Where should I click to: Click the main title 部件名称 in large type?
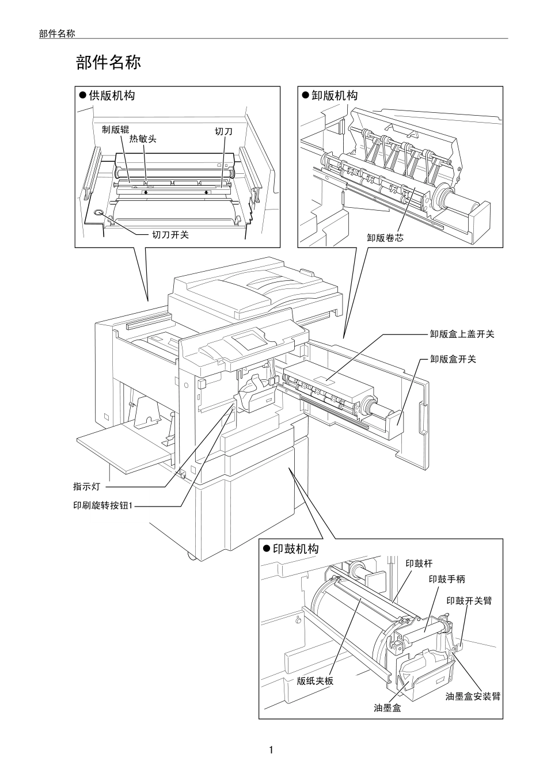point(108,63)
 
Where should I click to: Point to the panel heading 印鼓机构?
point(295,549)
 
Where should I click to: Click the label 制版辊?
point(115,130)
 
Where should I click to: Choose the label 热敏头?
point(143,139)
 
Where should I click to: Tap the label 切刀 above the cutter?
point(223,132)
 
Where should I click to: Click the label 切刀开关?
point(170,235)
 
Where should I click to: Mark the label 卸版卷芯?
point(385,238)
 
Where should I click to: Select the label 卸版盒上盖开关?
point(462,334)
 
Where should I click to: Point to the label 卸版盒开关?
point(453,359)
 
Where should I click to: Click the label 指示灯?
point(86,487)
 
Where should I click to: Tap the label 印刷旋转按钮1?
point(103,507)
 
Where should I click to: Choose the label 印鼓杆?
point(419,563)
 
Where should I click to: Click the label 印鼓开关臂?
point(469,600)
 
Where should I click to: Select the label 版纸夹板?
point(315,681)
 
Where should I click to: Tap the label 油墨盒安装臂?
point(473,696)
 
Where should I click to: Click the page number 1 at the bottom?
point(271,750)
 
